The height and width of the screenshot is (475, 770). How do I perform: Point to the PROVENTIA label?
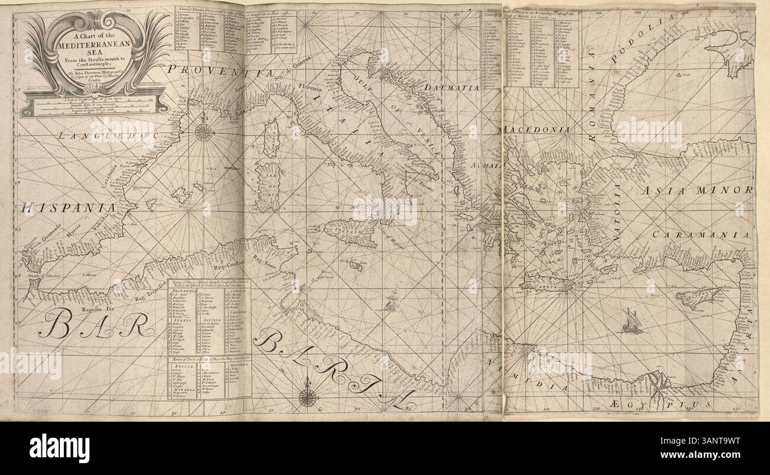tap(220, 72)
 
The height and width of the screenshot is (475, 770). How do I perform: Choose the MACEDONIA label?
tap(535, 129)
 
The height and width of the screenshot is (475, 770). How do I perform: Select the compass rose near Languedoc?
tap(204, 131)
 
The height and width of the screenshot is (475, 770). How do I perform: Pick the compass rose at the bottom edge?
tap(307, 398)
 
